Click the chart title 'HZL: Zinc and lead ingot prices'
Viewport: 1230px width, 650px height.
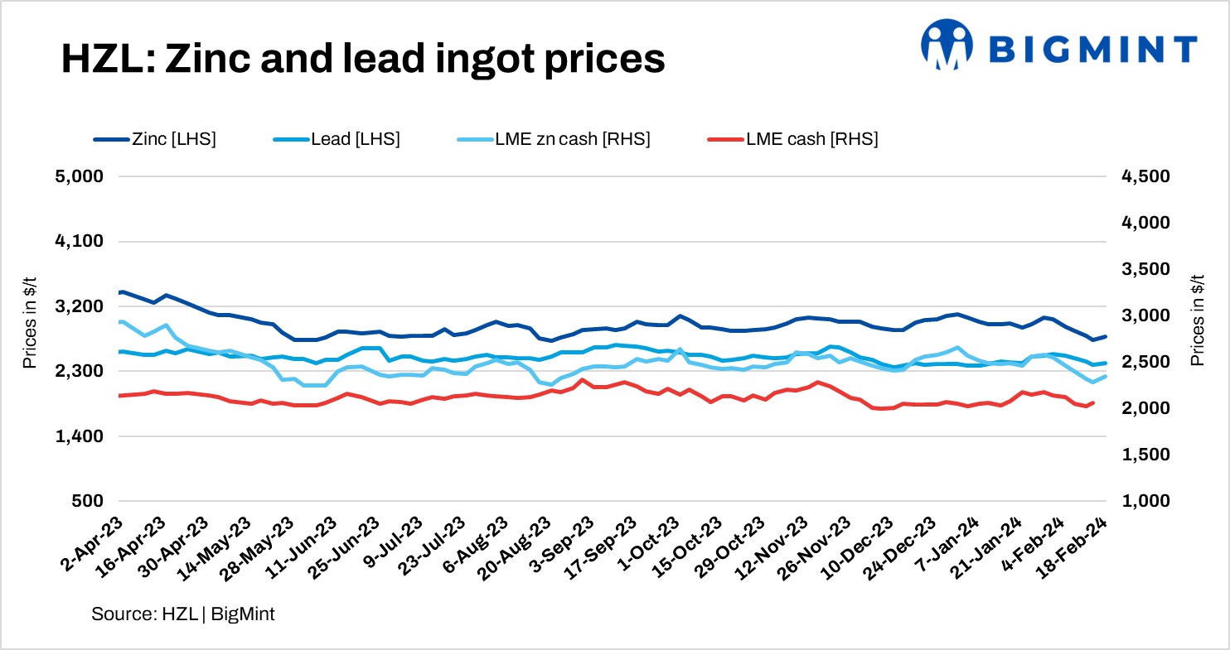click(362, 60)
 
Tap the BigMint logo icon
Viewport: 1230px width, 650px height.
click(947, 44)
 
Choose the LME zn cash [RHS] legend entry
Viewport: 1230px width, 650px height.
click(554, 139)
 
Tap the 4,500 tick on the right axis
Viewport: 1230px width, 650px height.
click(1145, 176)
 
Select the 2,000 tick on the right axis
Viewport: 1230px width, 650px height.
click(1145, 408)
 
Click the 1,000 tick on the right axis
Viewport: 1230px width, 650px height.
click(1145, 501)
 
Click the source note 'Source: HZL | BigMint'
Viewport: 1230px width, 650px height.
click(183, 614)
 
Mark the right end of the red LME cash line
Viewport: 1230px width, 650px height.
click(1093, 402)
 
